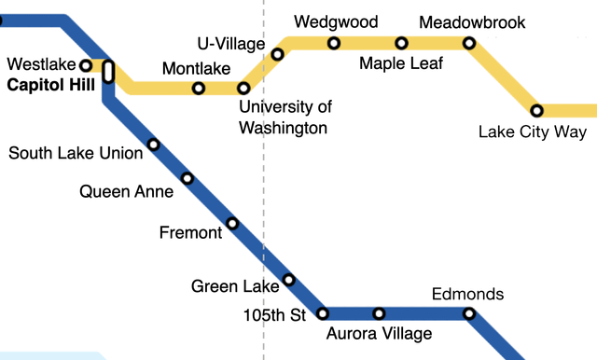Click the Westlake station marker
(86, 65)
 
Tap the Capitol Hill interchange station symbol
(108, 72)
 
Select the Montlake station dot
(199, 89)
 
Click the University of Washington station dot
(243, 89)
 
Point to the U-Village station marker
(277, 54)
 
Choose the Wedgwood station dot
(334, 43)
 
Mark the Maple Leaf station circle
(401, 43)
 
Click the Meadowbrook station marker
(468, 43)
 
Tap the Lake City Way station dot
(537, 110)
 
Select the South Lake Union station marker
(154, 145)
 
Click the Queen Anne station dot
(187, 178)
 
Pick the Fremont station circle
(232, 223)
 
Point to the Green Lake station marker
(288, 279)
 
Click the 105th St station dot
(323, 313)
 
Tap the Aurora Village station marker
(379, 313)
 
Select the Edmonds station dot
(468, 313)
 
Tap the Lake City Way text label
(532, 132)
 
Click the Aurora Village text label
(379, 335)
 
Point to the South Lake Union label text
(76, 152)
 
